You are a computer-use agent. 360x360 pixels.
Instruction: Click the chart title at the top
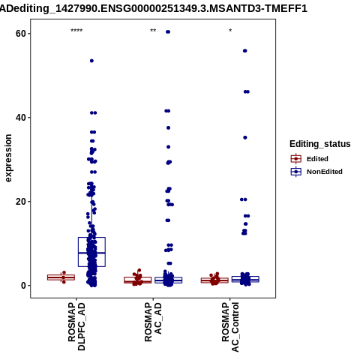[153, 9]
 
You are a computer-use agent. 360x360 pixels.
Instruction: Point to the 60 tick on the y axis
[21, 34]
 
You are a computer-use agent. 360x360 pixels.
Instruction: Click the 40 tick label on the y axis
[21, 118]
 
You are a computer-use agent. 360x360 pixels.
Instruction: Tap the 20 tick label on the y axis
[21, 202]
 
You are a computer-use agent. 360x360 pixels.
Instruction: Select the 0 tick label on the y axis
[24, 286]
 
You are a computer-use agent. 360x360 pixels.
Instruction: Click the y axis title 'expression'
[8, 158]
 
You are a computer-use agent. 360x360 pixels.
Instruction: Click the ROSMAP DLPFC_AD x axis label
[76, 326]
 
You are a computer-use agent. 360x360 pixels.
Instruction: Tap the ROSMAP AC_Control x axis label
[230, 327]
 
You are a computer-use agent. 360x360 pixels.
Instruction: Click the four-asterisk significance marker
[76, 31]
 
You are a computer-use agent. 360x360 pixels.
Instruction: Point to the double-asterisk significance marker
[153, 31]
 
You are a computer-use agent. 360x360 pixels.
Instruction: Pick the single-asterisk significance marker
[230, 30]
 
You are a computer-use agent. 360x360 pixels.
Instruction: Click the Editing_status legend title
[320, 144]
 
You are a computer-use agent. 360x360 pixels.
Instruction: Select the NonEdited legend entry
[316, 172]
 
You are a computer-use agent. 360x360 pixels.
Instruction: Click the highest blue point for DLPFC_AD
[91, 61]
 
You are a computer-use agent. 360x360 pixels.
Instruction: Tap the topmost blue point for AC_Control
[245, 51]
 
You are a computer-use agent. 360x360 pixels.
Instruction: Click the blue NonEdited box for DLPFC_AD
[91, 252]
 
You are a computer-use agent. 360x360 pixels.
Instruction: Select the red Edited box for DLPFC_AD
[61, 277]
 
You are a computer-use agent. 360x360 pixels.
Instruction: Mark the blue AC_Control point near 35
[245, 137]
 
